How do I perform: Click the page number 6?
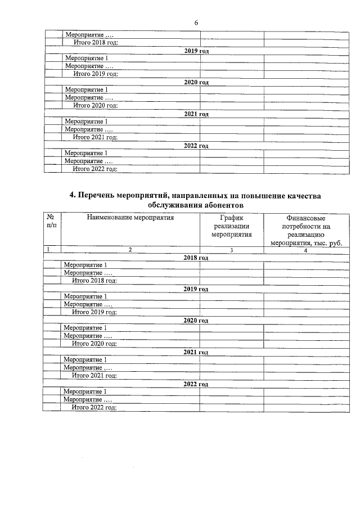pos(196,22)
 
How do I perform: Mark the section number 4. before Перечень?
pos(73,196)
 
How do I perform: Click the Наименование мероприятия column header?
pos(130,217)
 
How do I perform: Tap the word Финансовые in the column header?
pos(306,217)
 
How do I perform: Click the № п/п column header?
pos(51,220)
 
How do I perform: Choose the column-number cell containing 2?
pos(130,250)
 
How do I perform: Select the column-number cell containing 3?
pos(231,250)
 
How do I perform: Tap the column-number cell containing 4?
pos(305,250)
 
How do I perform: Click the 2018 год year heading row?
pos(196,258)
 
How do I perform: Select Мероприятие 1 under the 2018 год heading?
pos(85,264)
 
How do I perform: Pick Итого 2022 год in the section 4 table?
pos(94,407)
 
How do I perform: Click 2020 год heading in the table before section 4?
pos(196,82)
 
